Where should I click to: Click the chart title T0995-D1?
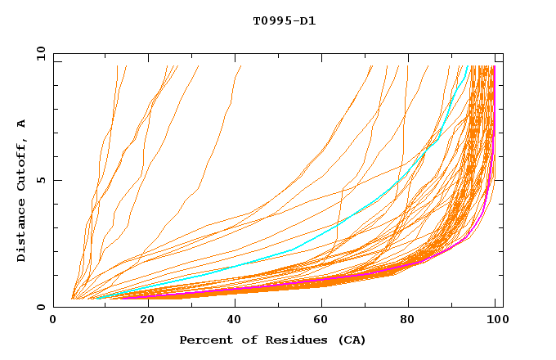coord(284,21)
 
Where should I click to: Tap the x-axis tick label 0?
coord(54,322)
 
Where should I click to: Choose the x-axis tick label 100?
coord(495,322)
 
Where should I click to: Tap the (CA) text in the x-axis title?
coord(352,340)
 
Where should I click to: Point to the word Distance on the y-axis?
coord(22,232)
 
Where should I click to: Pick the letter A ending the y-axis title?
coord(22,124)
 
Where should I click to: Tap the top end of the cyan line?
coord(468,66)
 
